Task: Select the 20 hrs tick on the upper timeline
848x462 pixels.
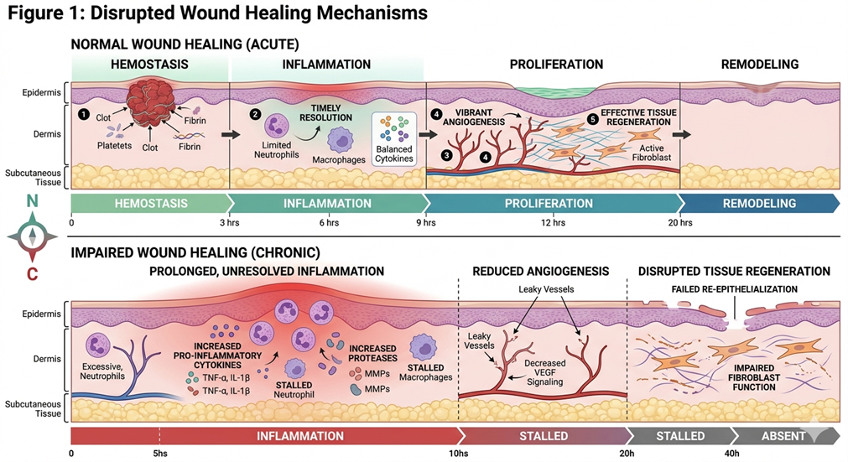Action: tap(680, 223)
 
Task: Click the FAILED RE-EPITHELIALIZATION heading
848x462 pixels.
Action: tap(735, 289)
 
